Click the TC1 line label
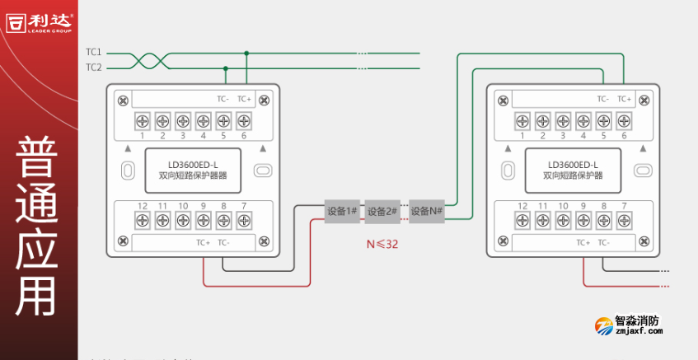click(93, 52)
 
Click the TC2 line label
click(93, 68)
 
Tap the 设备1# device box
click(342, 211)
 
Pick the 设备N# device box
click(427, 211)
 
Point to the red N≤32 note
click(382, 244)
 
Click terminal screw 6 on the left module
click(243, 120)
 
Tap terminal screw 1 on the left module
click(143, 120)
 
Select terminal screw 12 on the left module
click(143, 220)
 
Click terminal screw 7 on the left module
click(243, 220)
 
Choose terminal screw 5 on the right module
click(603, 120)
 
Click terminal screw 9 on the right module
click(583, 220)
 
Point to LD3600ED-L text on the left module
click(193, 164)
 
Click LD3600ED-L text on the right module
click(573, 164)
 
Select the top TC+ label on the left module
click(244, 99)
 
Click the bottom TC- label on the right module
click(604, 242)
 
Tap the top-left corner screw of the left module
click(123, 101)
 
